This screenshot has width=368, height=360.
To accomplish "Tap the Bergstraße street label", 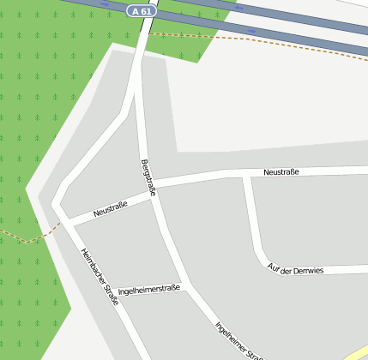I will (x=148, y=177).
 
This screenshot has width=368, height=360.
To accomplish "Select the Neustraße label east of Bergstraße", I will (x=281, y=172).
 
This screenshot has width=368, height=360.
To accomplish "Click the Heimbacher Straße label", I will (x=100, y=272).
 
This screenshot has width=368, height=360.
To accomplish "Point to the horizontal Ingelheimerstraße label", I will (x=149, y=290).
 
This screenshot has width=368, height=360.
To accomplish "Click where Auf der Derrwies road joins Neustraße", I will (x=246, y=175).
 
